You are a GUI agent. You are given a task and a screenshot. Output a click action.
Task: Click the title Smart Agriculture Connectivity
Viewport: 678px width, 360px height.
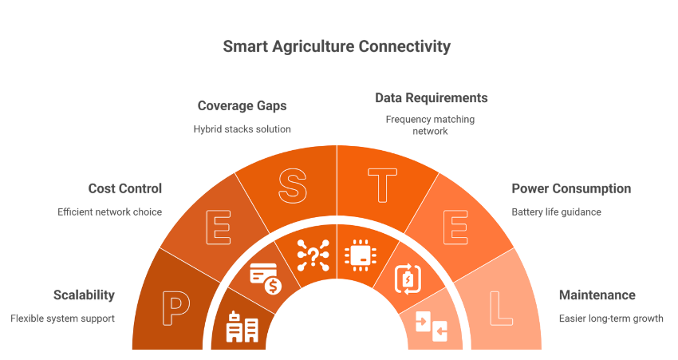[337, 46]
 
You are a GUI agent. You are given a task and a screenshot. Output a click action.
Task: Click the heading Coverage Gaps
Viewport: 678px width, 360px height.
[242, 106]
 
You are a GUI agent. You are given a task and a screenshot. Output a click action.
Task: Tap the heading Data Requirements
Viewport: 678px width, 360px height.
[432, 98]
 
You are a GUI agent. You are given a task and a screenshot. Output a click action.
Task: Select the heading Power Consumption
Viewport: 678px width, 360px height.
[571, 189]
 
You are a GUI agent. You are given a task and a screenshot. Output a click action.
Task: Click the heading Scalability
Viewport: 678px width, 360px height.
[84, 295]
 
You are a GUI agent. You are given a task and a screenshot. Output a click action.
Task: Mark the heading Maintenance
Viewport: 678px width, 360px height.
[597, 295]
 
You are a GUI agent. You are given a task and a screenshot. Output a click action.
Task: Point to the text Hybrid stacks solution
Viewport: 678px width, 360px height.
[242, 129]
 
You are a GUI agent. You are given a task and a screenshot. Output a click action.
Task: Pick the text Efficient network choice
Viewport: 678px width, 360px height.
[109, 212]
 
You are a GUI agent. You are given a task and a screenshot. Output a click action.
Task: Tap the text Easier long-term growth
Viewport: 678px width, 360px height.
[611, 318]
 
